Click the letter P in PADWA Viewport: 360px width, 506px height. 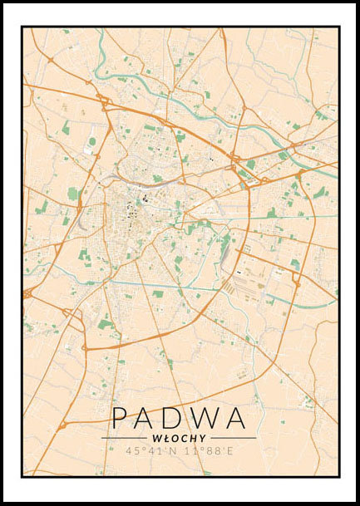121,418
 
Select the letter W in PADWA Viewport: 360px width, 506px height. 206,418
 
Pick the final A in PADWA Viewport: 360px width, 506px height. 237,418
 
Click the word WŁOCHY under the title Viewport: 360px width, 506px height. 179,438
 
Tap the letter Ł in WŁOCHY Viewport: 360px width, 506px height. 165,438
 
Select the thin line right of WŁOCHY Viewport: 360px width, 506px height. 234,438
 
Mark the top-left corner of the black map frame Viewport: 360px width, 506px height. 22,27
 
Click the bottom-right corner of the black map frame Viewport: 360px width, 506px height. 339,476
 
